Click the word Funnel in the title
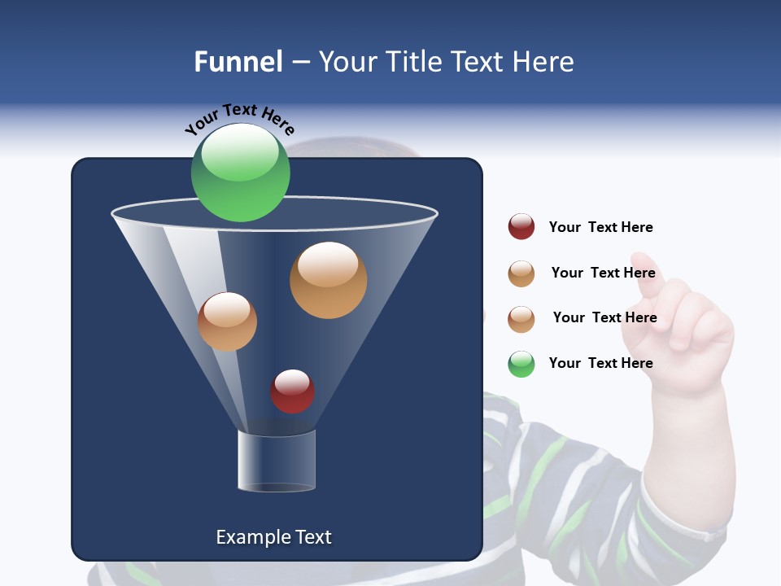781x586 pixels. click(238, 62)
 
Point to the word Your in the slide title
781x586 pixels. click(348, 62)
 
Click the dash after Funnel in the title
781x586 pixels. click(300, 63)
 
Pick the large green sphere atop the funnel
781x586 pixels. click(240, 172)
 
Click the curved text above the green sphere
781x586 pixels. click(239, 119)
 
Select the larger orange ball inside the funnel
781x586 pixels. click(328, 280)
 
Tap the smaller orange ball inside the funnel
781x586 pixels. click(227, 321)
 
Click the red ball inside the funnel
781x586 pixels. click(292, 391)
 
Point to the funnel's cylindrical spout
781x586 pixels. click(276, 461)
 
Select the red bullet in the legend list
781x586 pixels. click(521, 227)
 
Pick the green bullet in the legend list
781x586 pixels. click(521, 364)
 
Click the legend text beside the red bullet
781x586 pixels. click(600, 227)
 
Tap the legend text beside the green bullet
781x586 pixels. click(600, 363)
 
